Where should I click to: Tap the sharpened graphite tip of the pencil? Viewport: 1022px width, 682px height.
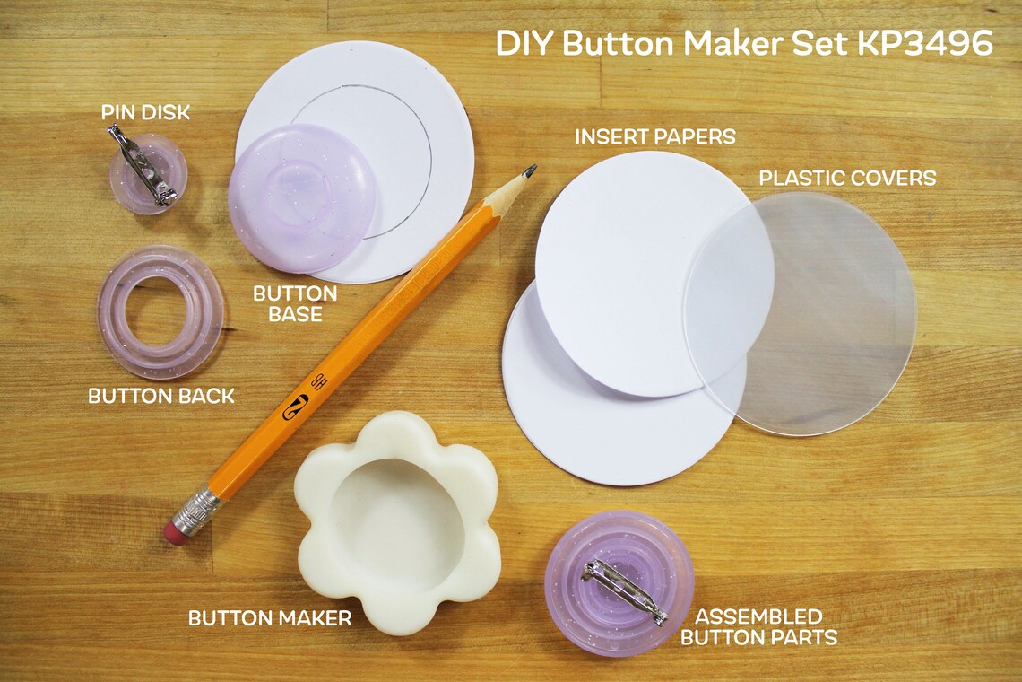(x=530, y=170)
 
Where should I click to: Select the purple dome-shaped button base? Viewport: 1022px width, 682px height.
(x=300, y=197)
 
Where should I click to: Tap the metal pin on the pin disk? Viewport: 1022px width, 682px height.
(x=143, y=166)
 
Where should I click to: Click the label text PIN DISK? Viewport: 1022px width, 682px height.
(x=145, y=113)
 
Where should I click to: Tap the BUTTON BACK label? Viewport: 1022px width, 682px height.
(x=161, y=396)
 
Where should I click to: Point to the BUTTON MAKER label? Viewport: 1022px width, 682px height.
(x=269, y=618)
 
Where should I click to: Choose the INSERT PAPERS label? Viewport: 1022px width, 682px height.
(x=655, y=136)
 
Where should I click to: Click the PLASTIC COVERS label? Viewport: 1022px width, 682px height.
(x=847, y=178)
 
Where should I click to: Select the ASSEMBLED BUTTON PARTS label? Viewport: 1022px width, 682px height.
(x=758, y=627)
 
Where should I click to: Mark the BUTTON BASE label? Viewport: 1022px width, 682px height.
(x=295, y=303)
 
